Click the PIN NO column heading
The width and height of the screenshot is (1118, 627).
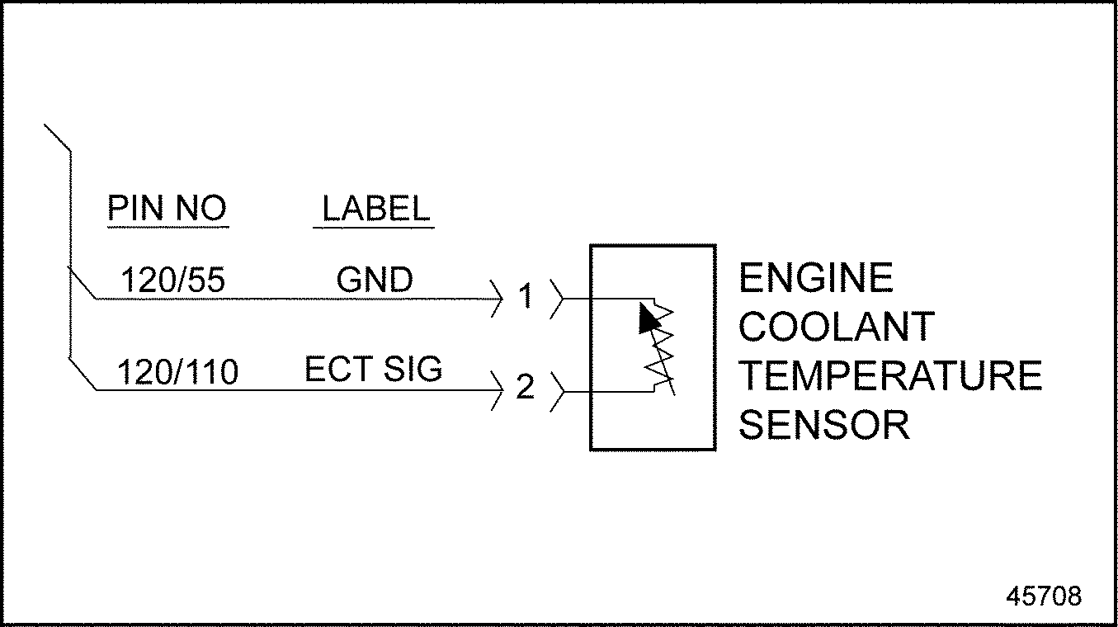point(167,209)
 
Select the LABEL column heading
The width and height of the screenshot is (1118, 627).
point(375,209)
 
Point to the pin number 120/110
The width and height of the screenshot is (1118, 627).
point(178,373)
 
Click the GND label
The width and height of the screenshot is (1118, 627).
point(375,281)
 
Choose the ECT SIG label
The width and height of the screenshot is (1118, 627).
point(374,370)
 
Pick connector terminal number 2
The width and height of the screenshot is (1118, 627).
point(526,387)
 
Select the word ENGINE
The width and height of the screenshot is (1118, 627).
point(815,278)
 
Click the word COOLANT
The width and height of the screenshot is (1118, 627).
point(836,328)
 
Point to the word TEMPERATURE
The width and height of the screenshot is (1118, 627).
point(889,376)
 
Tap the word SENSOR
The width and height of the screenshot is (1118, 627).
point(823,426)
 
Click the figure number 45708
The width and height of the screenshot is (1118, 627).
point(1043,596)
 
